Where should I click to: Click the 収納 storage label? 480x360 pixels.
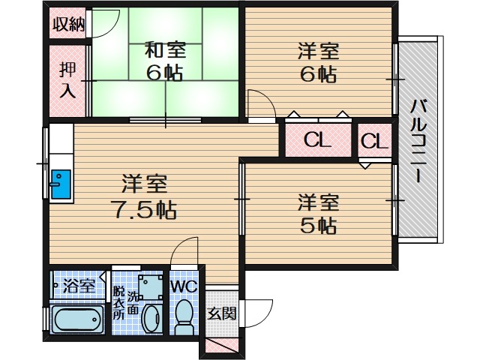[67, 24]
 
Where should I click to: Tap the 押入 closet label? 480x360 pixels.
[67, 79]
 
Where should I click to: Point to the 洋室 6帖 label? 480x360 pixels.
[318, 61]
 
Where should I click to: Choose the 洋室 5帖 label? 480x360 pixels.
[318, 213]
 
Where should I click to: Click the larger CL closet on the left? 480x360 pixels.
[317, 140]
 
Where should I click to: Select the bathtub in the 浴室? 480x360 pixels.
[77, 320]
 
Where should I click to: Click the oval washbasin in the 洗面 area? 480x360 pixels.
[151, 318]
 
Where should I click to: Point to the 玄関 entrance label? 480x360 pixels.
[221, 313]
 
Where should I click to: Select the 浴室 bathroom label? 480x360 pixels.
[78, 286]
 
